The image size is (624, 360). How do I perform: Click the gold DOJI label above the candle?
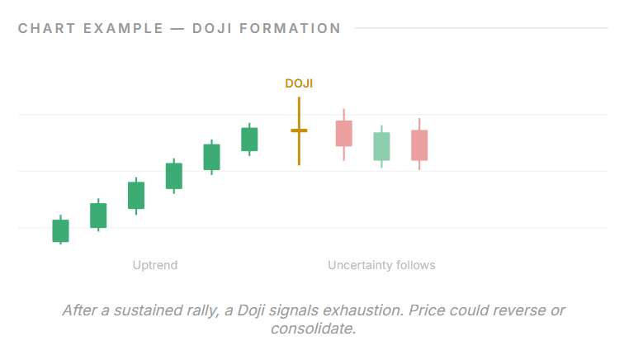[x=299, y=83]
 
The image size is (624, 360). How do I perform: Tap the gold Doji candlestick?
[x=299, y=130]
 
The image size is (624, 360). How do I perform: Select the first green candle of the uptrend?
[x=60, y=230]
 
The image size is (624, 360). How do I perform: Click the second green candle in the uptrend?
[x=98, y=215]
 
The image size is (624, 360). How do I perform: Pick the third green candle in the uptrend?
[x=136, y=195]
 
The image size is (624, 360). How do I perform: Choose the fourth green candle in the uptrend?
[x=174, y=176]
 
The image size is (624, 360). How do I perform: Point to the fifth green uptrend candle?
[x=212, y=157]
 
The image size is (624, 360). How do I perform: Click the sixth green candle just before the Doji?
[x=249, y=139]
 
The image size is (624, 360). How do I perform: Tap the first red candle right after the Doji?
[x=344, y=133]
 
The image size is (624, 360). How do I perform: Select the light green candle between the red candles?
[x=381, y=146]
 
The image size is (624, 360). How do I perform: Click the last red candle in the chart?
[x=419, y=144]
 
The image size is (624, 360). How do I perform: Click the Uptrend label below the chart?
[x=155, y=265]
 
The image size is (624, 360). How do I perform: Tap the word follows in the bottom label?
[x=416, y=265]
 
